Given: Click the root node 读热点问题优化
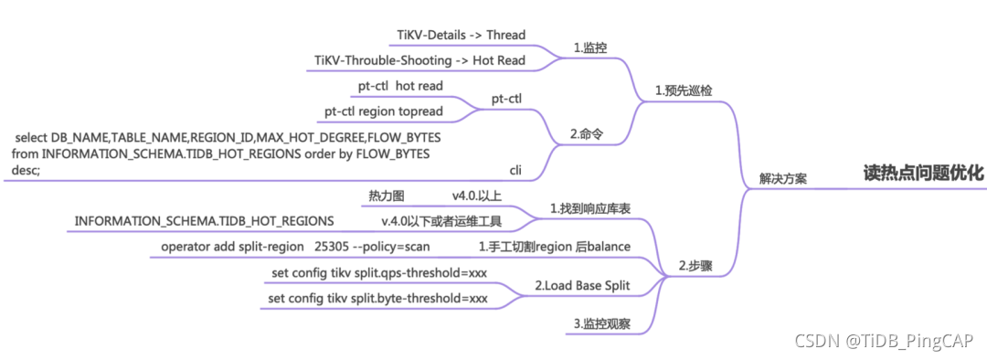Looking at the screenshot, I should [924, 173].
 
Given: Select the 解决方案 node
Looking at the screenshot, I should [782, 180].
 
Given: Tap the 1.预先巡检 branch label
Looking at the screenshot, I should [684, 91].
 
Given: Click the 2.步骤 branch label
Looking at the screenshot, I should [695, 267].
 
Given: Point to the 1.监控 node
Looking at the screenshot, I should [589, 48].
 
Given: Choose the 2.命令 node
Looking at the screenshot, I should [588, 134].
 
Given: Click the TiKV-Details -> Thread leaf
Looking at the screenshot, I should [462, 35].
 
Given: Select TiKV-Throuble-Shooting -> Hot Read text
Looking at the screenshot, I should [419, 60].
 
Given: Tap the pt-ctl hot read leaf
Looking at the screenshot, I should [400, 86].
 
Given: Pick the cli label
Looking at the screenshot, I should [515, 170].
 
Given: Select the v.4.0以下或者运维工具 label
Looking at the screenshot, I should [441, 221].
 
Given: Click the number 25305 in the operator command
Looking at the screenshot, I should [332, 247].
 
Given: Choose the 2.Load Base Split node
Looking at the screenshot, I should [582, 286].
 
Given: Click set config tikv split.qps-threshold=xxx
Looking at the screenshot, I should [379, 273].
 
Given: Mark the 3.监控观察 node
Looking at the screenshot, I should [600, 323].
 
